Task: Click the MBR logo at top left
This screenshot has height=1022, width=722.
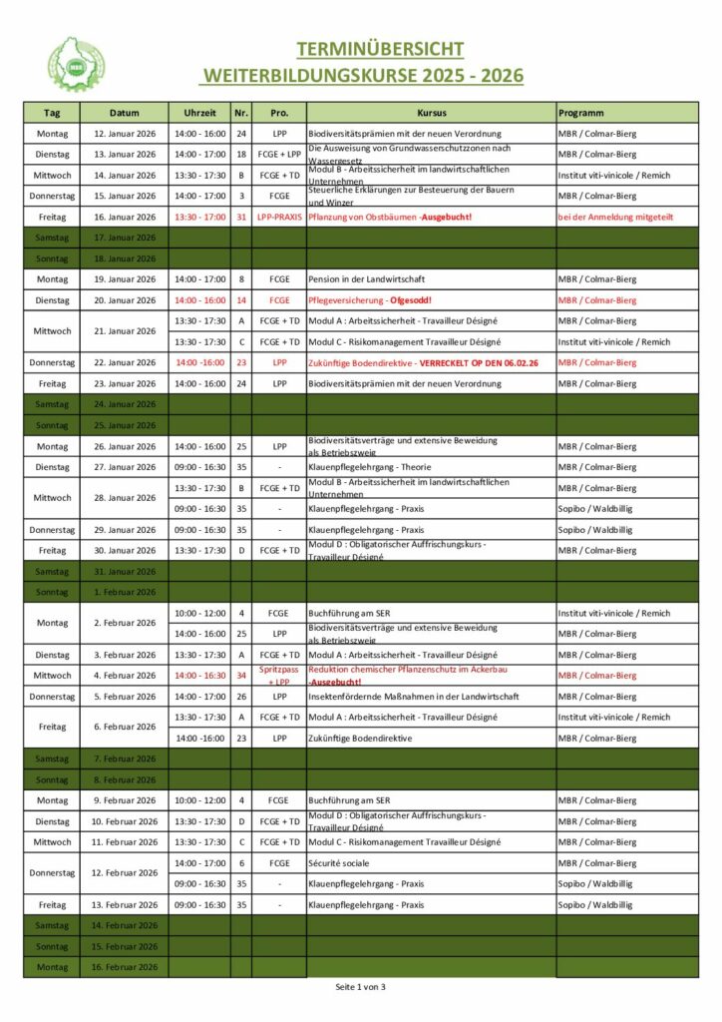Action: (x=77, y=65)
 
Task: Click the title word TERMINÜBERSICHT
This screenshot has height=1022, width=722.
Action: (x=380, y=50)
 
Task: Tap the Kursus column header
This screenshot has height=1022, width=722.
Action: (x=431, y=113)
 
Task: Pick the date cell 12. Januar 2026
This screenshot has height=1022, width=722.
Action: (x=125, y=134)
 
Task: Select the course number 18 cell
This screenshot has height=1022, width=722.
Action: (x=241, y=155)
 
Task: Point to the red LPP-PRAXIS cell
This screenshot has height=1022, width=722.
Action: (x=279, y=217)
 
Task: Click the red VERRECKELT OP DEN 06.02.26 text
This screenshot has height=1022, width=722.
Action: (x=479, y=363)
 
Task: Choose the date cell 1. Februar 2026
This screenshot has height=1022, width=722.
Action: (x=125, y=592)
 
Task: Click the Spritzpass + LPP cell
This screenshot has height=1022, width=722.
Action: (x=279, y=676)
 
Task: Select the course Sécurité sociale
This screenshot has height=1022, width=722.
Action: (x=339, y=863)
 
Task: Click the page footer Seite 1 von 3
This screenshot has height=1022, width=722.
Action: (x=360, y=987)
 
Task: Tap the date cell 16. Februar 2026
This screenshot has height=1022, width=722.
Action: (x=125, y=967)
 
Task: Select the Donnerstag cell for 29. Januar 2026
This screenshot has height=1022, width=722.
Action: (x=52, y=530)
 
